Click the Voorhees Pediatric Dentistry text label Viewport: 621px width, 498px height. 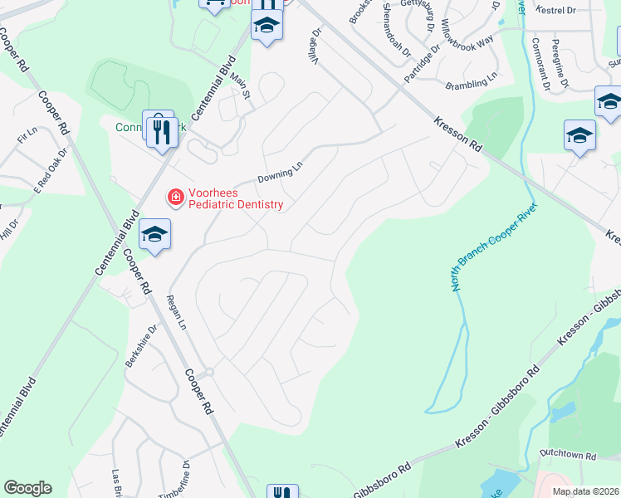click(x=236, y=198)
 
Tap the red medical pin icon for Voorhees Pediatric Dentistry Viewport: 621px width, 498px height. click(x=175, y=197)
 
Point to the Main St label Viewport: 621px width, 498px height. click(x=241, y=87)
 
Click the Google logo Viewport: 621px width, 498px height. click(x=27, y=488)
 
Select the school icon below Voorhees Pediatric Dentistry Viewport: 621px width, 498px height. click(x=155, y=235)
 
